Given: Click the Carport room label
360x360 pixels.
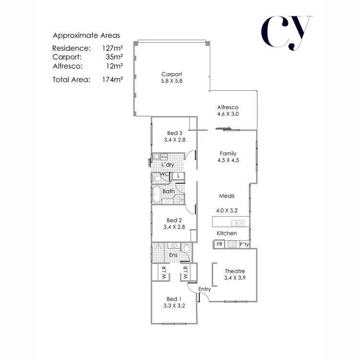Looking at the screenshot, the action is (171, 74).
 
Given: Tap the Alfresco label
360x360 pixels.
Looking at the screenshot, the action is (228, 107).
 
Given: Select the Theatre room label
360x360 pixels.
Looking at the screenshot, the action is (234, 271).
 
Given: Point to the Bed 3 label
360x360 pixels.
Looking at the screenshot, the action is (175, 133).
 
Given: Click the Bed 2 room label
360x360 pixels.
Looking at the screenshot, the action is (174, 220).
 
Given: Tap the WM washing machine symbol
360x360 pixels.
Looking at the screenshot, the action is (164, 157).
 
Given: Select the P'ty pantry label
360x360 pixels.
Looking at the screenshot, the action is (244, 244).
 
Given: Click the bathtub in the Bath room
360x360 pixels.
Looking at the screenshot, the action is (157, 193).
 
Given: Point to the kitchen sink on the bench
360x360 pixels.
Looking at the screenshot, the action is (238, 223).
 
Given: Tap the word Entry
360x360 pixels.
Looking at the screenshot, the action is (204, 288).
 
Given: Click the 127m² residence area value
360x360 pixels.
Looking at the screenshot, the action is (112, 48).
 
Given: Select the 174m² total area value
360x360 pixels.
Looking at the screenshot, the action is (112, 80).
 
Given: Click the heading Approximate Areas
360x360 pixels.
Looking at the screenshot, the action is (86, 36).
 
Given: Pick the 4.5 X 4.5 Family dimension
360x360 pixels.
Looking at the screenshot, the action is (228, 161).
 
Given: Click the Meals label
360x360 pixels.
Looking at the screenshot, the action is (227, 196).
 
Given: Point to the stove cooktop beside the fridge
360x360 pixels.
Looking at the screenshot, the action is (232, 244).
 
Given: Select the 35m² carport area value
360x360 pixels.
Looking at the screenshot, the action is (114, 57).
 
